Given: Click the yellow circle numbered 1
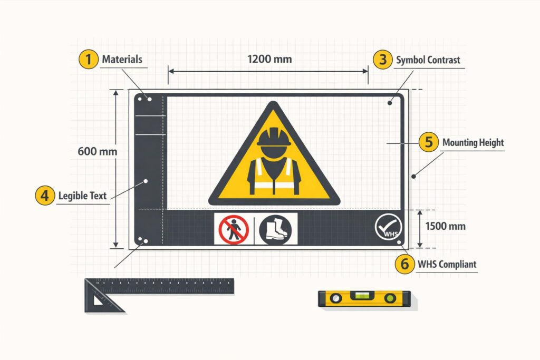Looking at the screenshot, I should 88,60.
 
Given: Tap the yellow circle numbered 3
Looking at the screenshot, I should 382,60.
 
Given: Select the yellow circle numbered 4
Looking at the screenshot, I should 45,196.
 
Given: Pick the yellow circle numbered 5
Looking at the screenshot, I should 429,142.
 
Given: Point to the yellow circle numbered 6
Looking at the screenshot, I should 404,264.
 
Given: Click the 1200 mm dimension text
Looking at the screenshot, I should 269,59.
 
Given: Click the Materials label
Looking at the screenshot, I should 122,60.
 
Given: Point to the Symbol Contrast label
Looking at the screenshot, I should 428,60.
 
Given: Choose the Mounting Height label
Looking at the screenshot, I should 473,143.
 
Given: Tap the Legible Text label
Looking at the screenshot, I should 82,196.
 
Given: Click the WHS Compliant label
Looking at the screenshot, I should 447,264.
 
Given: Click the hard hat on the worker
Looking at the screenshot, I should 274,137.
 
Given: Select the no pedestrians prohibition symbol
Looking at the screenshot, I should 234,229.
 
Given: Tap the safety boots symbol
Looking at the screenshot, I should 275,229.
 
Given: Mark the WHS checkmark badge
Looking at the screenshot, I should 388,228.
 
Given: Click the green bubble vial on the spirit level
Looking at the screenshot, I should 362,297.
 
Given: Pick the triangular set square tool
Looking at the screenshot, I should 103,298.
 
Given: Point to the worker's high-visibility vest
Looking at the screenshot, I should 274,174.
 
